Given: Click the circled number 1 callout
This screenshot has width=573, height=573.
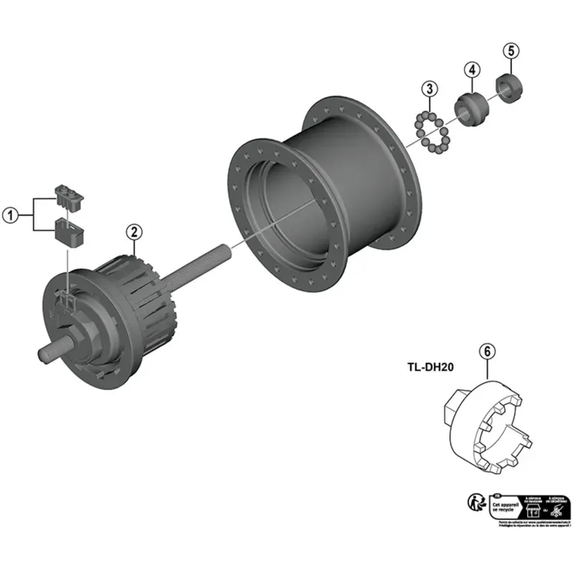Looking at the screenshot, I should (9, 214).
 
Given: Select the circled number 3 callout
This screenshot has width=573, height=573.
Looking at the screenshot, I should (429, 89).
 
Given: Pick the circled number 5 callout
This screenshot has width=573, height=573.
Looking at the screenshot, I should (509, 51).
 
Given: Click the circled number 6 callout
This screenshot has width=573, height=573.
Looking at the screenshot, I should (486, 352).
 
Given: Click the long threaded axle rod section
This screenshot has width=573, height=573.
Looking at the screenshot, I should (198, 269).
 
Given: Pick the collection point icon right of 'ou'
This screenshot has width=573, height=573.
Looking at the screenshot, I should (559, 509).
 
